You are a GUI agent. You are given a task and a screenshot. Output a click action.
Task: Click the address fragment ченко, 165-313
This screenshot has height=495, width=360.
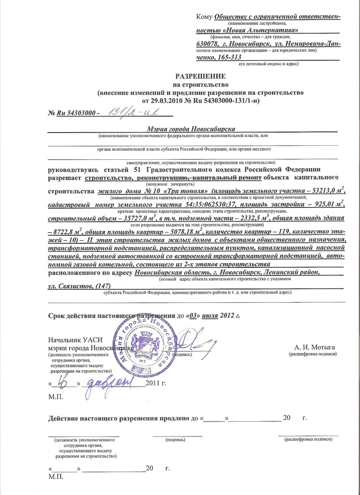[x=219, y=57]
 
